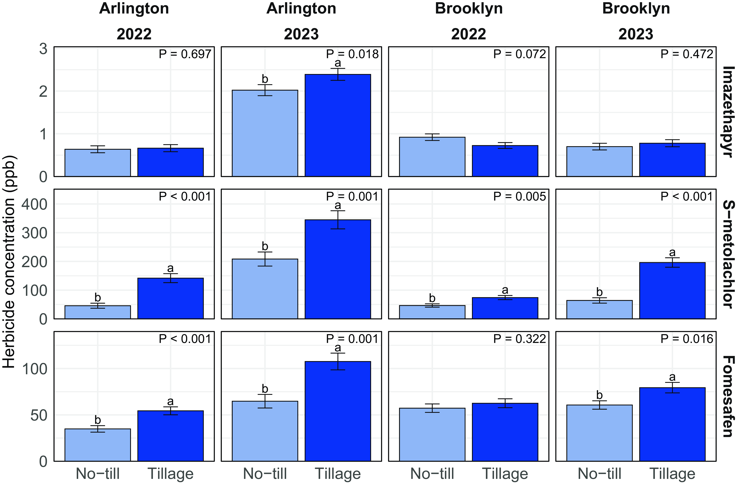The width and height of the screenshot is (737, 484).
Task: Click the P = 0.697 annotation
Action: click(185, 54)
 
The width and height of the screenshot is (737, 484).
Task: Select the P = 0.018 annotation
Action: click(352, 54)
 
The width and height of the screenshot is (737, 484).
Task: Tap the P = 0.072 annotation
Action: click(519, 54)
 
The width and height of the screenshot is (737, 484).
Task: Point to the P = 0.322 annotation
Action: click(519, 339)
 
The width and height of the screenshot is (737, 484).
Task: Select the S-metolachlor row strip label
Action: click(728, 254)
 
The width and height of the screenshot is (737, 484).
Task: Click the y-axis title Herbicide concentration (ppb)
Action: click(9, 262)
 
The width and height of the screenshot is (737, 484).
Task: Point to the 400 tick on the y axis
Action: click(34, 204)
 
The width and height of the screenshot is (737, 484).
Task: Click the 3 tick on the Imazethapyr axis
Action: click(43, 49)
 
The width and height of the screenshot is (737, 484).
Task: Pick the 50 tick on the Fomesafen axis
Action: click(39, 415)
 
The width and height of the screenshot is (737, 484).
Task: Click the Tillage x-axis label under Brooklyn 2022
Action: click(505, 473)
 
